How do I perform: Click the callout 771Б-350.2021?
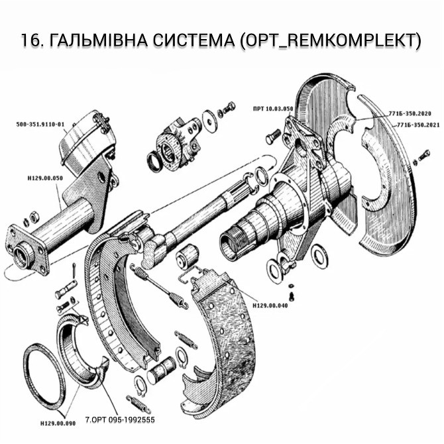416,125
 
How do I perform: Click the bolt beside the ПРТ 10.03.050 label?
273,138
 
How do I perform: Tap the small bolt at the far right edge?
421,160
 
